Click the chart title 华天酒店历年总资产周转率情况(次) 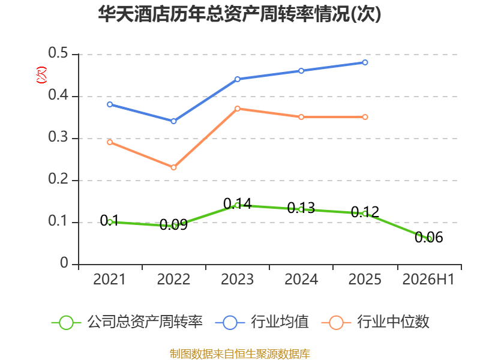tap(239, 14)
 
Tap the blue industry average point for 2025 tap(365, 62)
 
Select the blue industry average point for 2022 tap(173, 121)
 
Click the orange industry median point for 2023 tap(237, 109)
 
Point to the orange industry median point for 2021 tap(110, 142)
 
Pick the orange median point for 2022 tap(173, 167)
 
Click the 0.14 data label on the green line tap(237, 203)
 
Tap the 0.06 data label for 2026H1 tap(428, 237)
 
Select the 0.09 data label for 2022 tap(173, 224)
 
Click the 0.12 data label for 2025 tap(365, 212)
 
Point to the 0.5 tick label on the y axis tap(58, 53)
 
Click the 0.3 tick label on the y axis tap(58, 137)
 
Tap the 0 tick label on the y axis tap(64, 263)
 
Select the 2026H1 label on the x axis tap(428, 280)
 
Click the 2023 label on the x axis tap(237, 280)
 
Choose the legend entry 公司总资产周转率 tap(127, 322)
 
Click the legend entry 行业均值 tap(262, 322)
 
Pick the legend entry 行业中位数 tap(376, 322)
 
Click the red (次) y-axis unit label tap(41, 75)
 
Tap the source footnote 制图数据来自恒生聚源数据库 tap(240, 354)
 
